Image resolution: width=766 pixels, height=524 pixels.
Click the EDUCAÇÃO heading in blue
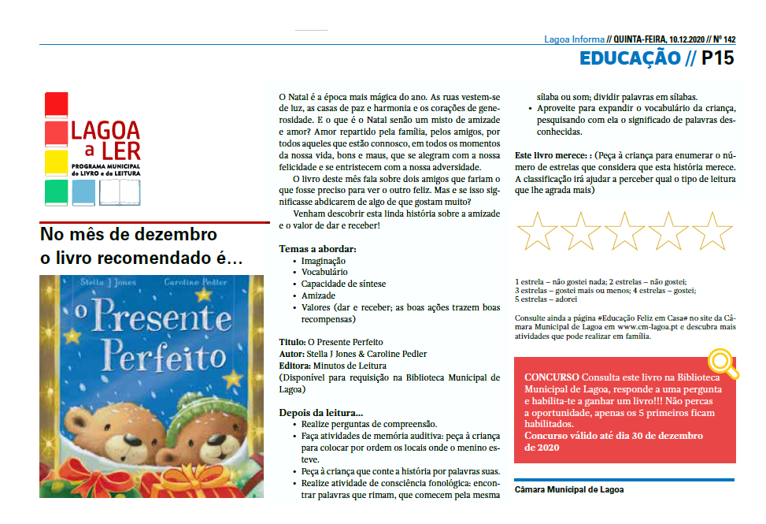point(630,58)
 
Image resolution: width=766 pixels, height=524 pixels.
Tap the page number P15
point(717,58)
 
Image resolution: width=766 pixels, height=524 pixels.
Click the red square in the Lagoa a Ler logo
point(57,105)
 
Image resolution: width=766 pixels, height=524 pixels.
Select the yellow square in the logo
point(57,163)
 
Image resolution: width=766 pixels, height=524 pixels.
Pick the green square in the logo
point(57,192)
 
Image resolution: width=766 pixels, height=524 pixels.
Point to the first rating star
point(537,232)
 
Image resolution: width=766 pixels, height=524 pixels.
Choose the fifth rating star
point(712,232)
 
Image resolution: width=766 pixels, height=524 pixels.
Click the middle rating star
point(625,232)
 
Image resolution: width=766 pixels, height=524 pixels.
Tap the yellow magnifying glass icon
point(722,362)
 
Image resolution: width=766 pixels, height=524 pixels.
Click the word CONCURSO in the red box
point(551,377)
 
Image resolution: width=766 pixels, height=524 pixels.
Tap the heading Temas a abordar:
point(317,249)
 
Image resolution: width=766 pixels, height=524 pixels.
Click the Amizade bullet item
point(319,296)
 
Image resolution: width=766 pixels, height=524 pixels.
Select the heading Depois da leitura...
point(320,413)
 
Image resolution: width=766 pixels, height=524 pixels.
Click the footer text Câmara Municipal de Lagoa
point(568,489)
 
